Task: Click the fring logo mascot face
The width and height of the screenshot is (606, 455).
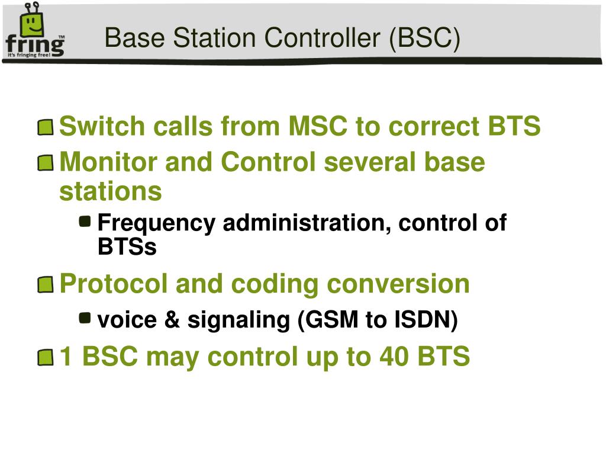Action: (x=32, y=24)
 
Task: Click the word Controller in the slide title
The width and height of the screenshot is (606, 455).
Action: (x=323, y=38)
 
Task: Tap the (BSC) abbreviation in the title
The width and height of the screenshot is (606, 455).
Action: (x=425, y=39)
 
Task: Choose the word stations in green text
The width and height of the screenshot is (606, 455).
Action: (x=111, y=191)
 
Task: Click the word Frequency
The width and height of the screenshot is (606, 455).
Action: (x=156, y=223)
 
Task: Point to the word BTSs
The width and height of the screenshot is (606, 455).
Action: (x=127, y=246)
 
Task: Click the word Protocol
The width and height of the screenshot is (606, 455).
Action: (x=114, y=284)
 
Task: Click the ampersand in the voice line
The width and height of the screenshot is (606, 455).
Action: (x=172, y=320)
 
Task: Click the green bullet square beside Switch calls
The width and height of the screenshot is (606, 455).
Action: (x=46, y=127)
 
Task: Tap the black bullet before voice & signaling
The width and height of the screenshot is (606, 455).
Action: (x=85, y=318)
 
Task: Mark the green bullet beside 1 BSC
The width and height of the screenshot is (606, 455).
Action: (x=46, y=357)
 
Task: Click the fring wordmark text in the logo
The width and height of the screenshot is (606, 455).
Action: (x=35, y=46)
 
